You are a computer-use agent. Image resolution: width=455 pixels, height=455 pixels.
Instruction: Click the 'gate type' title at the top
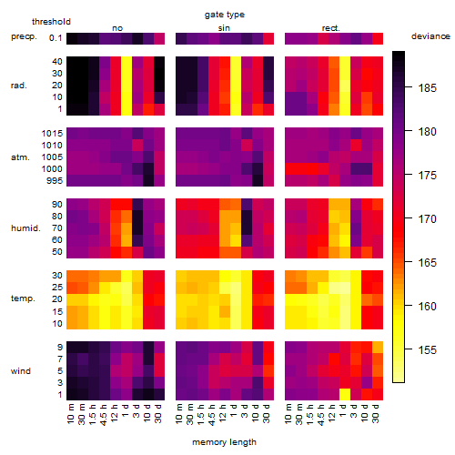click(225, 15)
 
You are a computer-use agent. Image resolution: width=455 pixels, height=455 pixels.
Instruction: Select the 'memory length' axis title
click(224, 442)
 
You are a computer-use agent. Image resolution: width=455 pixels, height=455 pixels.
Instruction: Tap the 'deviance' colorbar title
click(430, 36)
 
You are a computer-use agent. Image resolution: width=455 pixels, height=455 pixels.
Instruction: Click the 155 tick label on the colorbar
click(428, 350)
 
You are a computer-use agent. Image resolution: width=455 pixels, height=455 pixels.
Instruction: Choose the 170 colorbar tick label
click(428, 219)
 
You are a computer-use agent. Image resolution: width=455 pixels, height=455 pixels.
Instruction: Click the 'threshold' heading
click(51, 22)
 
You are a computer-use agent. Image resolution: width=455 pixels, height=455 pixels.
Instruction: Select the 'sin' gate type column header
click(224, 28)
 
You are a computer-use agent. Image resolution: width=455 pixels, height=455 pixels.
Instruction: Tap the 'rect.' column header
click(330, 28)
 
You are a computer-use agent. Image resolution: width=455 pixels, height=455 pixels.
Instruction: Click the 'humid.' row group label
click(25, 228)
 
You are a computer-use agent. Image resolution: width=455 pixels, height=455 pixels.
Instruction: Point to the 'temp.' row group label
click(23, 298)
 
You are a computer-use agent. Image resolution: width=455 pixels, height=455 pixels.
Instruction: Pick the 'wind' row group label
click(21, 371)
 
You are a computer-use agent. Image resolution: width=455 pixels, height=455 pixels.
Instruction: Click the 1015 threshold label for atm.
click(52, 134)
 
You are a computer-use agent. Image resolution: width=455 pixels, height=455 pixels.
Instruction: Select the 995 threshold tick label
click(55, 181)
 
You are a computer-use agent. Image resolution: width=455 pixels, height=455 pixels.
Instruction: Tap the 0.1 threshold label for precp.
click(56, 38)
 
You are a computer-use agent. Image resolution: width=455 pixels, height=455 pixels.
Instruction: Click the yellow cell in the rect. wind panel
click(345, 394)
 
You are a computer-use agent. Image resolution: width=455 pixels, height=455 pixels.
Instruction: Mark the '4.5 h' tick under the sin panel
click(212, 415)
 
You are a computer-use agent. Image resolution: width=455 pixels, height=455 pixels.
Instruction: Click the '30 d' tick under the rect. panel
click(376, 413)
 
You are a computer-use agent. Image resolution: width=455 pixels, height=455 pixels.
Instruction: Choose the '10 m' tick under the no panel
click(70, 414)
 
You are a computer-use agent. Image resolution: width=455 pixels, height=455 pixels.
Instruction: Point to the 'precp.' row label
click(24, 37)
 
